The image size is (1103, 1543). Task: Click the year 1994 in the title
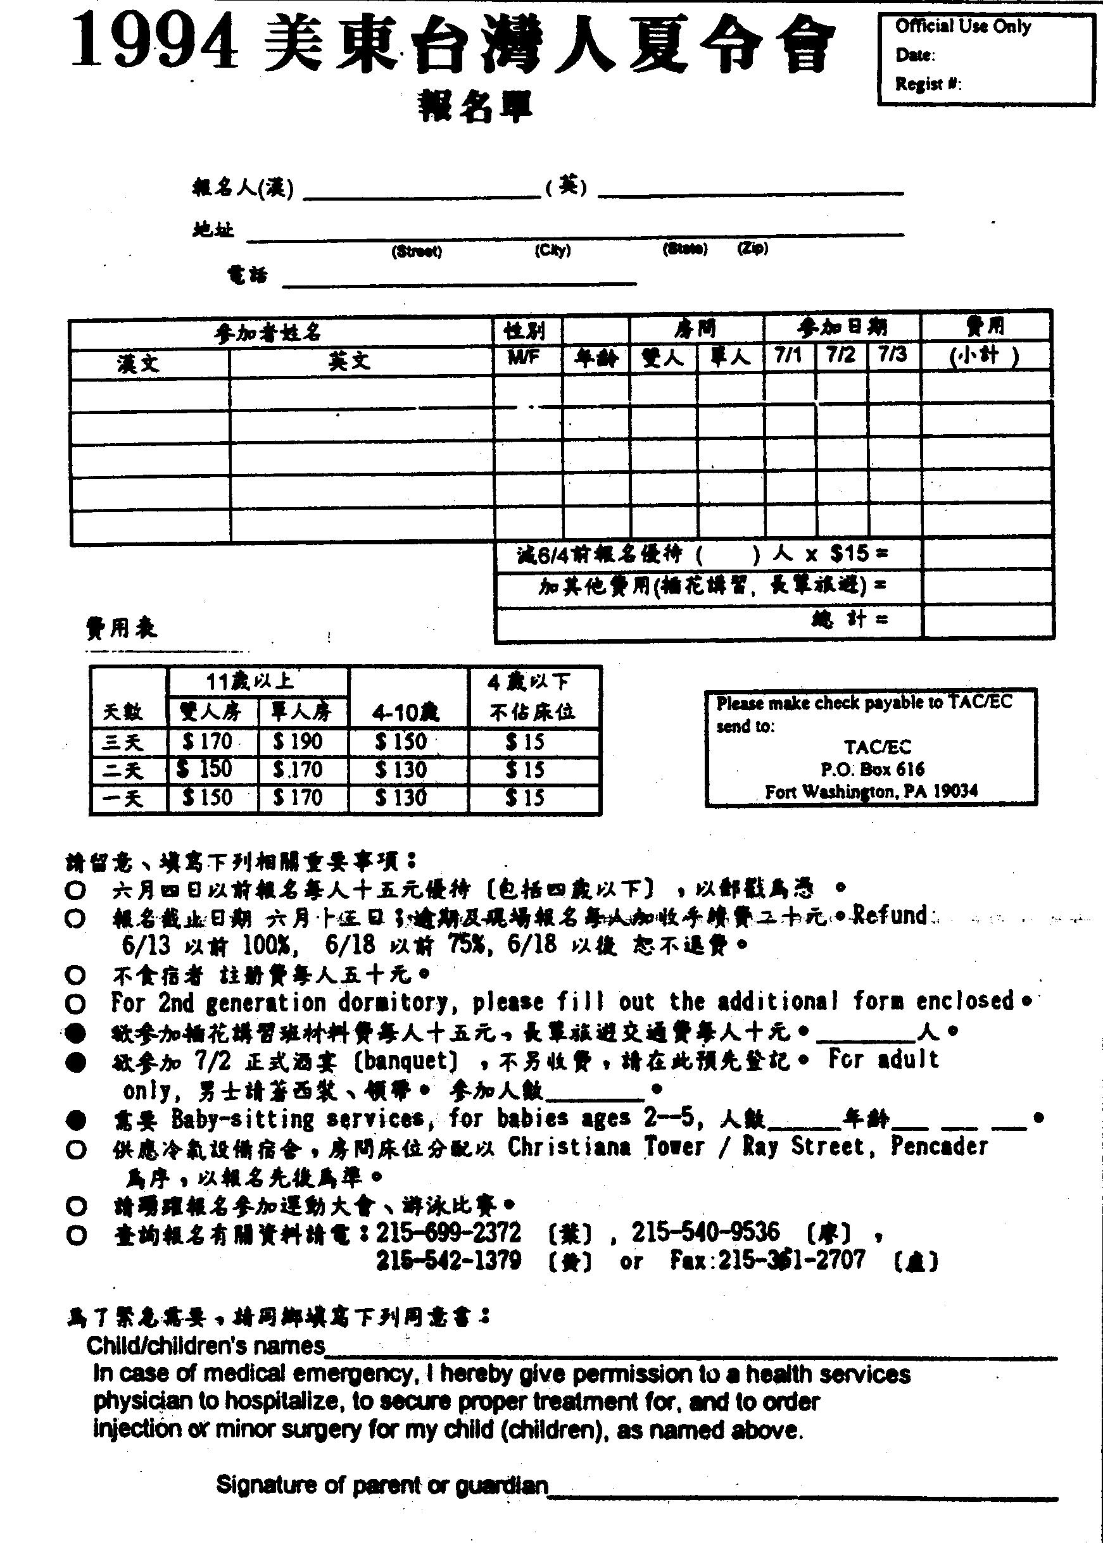coord(155,42)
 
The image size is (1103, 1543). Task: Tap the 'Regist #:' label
coord(928,84)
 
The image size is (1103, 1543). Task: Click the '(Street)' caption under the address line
coord(417,251)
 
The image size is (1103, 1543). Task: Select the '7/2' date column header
coord(840,355)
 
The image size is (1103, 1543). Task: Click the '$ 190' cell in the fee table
coord(298,741)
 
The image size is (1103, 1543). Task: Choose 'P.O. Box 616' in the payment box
coord(872,769)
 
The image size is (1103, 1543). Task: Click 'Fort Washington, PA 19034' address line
coord(871,792)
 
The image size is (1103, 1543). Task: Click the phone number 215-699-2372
coord(449,1232)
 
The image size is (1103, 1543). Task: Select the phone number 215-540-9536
coord(705,1232)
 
